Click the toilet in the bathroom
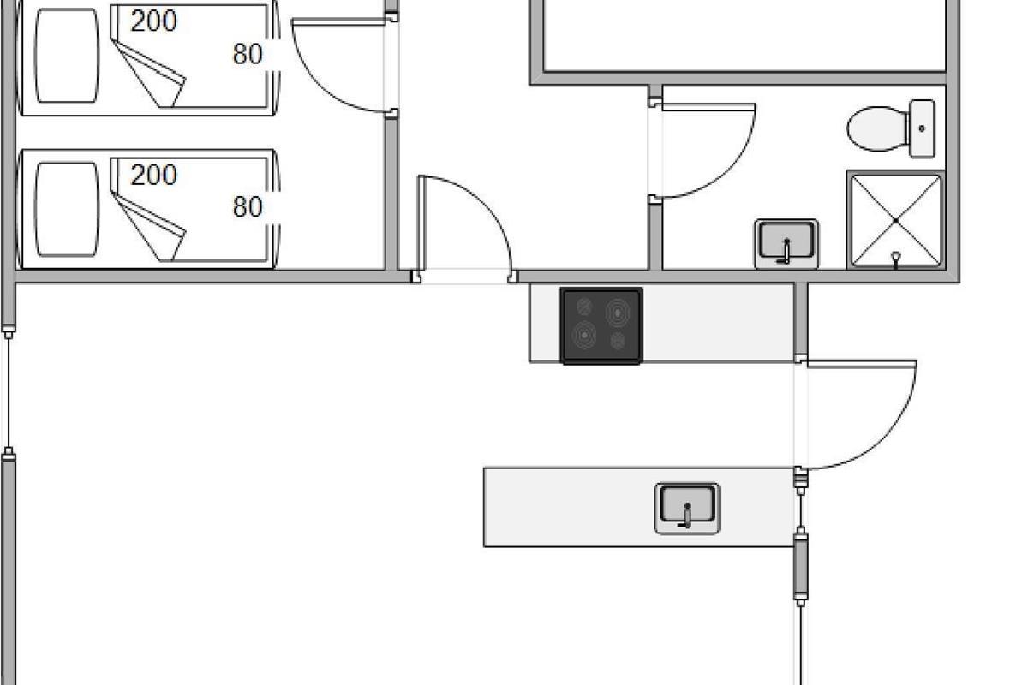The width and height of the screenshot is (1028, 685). (878, 129)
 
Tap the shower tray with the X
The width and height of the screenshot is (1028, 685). (895, 220)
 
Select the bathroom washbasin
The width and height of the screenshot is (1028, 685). (786, 243)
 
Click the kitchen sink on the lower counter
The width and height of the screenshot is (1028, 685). (687, 508)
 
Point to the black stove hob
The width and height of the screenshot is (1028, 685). (601, 325)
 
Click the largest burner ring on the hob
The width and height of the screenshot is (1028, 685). (619, 313)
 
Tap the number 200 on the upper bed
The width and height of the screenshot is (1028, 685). (154, 22)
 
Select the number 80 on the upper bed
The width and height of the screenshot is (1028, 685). (248, 54)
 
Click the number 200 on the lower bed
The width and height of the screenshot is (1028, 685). (154, 176)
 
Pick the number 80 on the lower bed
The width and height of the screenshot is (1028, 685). (248, 207)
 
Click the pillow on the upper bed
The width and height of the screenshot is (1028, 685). (67, 56)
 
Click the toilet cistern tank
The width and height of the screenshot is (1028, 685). (922, 128)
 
